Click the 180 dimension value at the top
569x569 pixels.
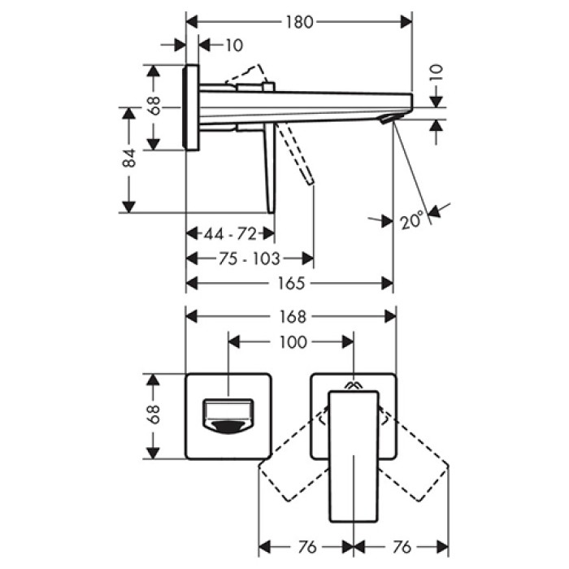click(x=299, y=23)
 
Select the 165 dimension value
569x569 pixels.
click(x=290, y=283)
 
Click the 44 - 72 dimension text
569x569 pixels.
click(x=230, y=234)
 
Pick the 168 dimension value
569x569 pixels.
click(x=292, y=316)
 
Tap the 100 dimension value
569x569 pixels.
click(x=292, y=342)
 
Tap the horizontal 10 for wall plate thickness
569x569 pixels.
click(x=232, y=46)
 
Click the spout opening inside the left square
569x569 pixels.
click(x=228, y=415)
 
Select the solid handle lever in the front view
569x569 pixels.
click(x=355, y=455)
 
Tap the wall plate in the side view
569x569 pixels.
click(x=192, y=107)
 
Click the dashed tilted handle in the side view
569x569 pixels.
click(x=298, y=154)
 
